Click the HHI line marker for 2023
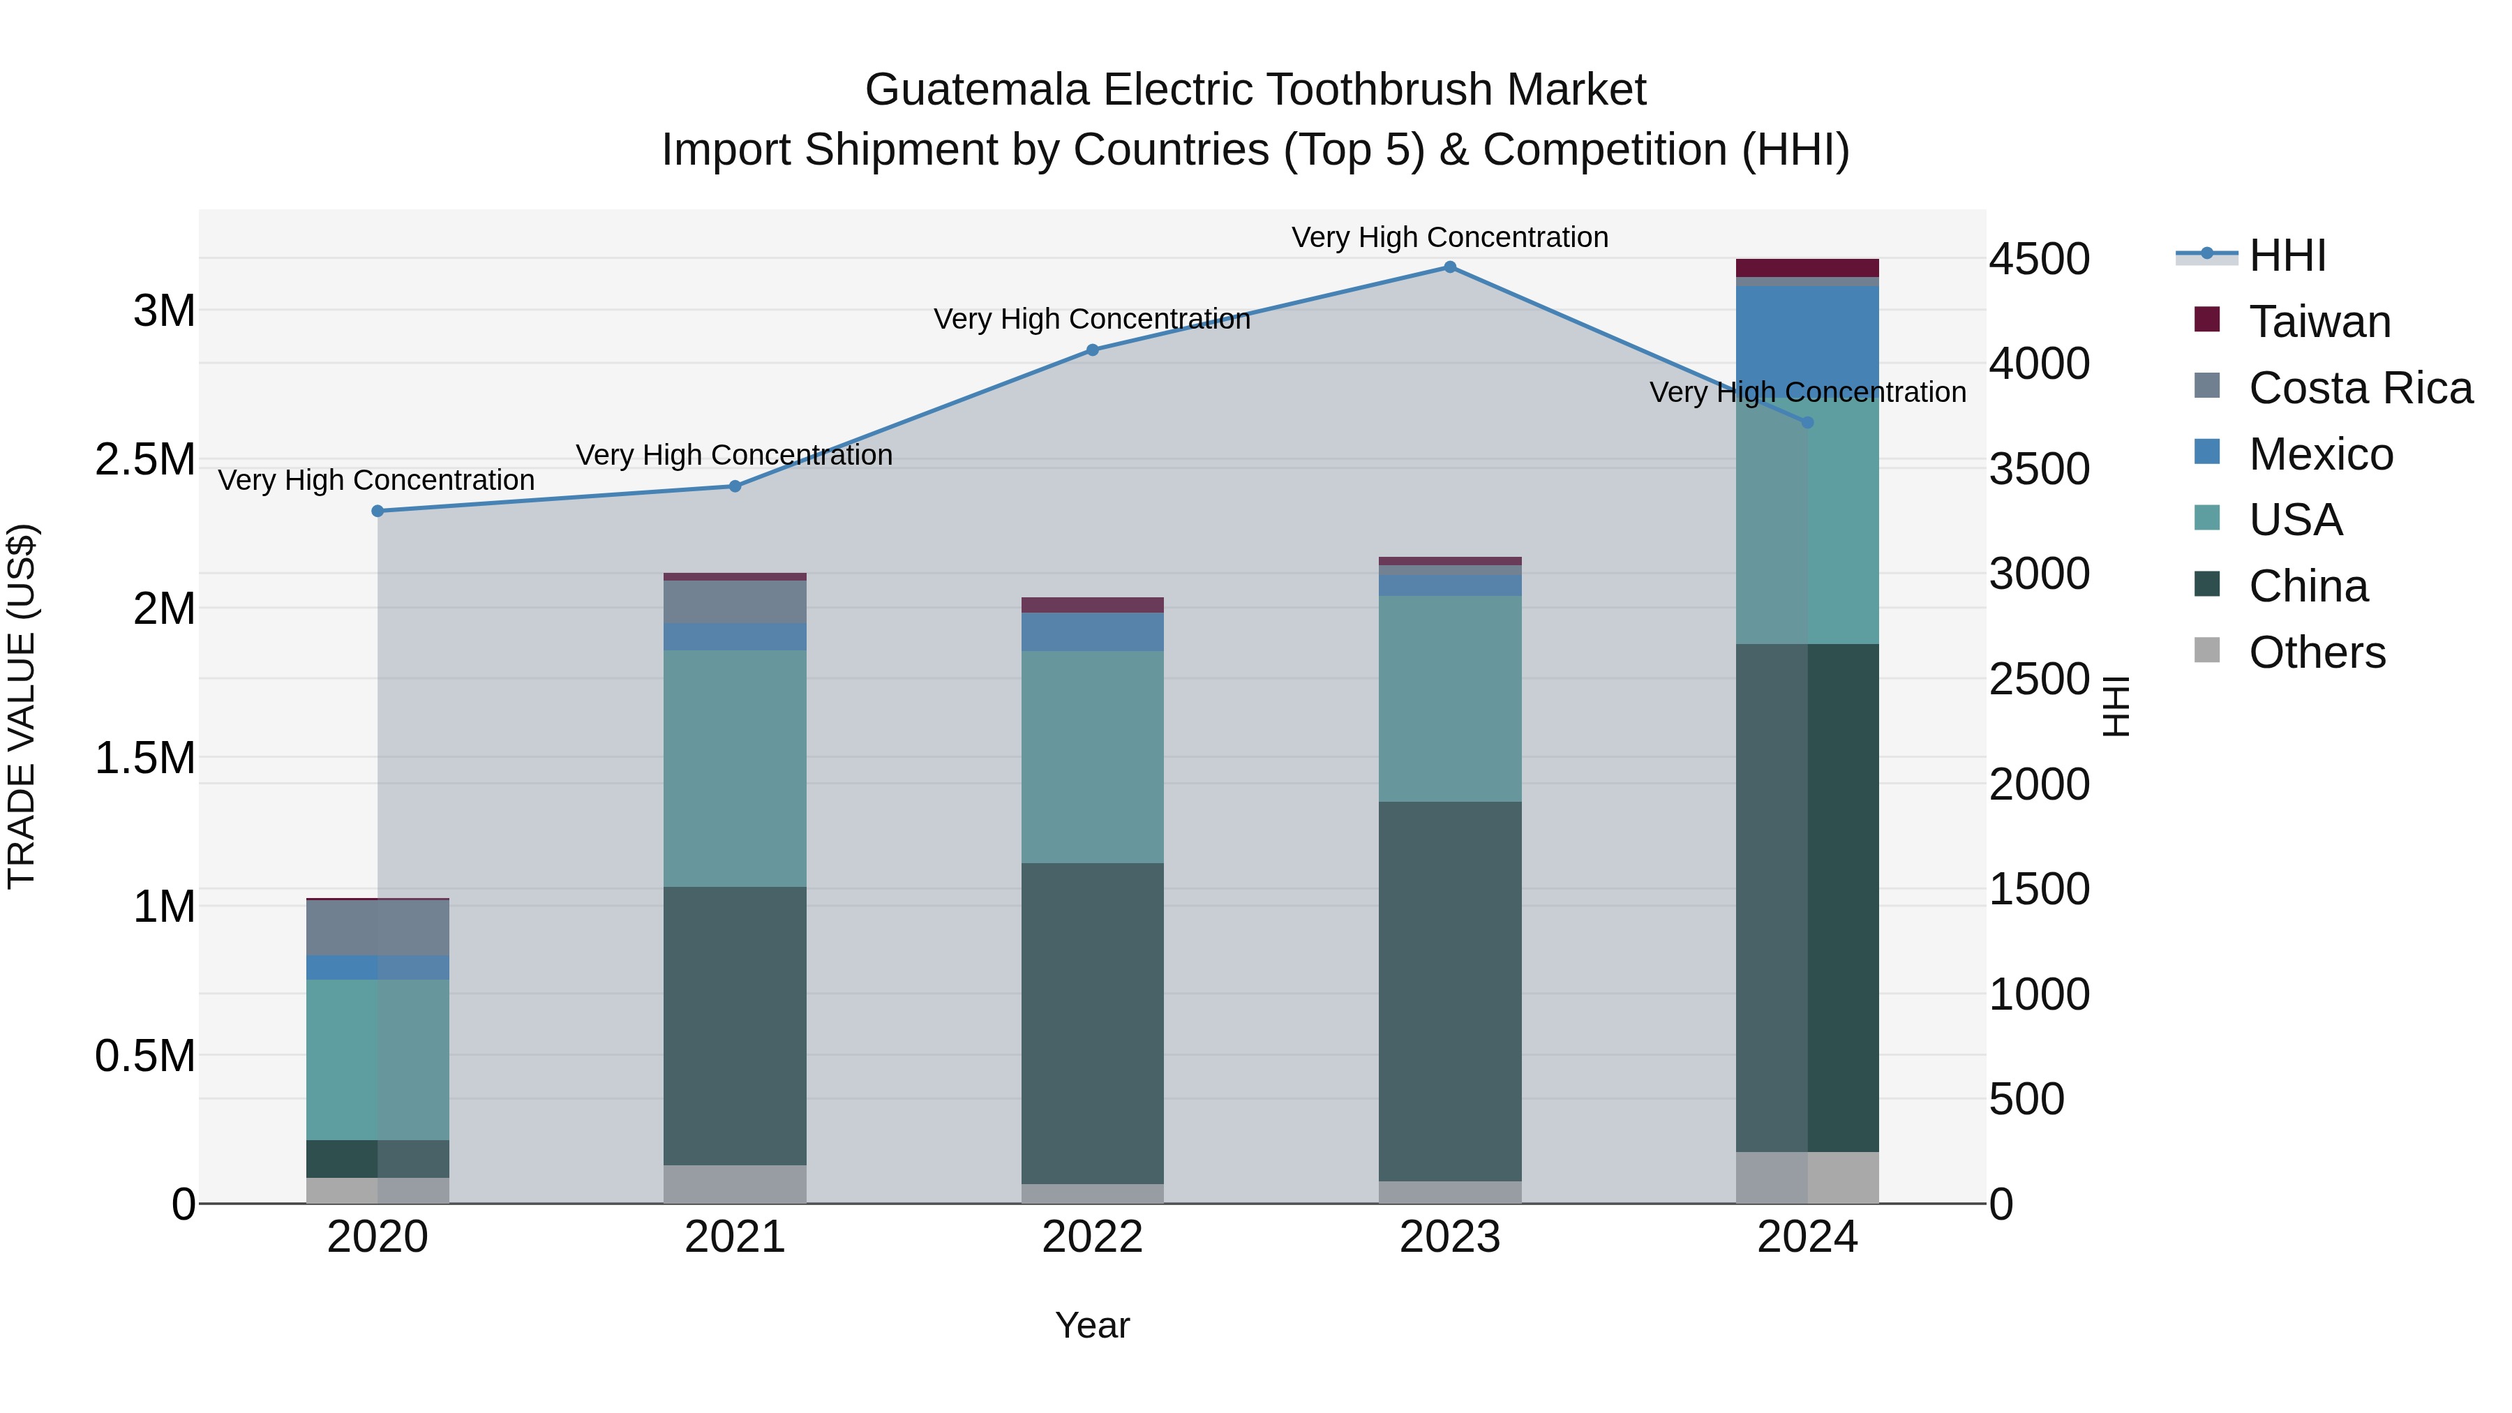(x=1449, y=267)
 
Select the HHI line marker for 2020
(x=377, y=511)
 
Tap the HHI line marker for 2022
(x=1092, y=350)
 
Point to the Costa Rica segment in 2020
(x=377, y=927)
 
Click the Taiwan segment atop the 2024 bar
(x=1807, y=268)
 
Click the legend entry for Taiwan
(x=2319, y=322)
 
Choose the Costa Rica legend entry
(x=2360, y=388)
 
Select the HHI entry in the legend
(x=2287, y=255)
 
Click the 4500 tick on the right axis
(x=2039, y=260)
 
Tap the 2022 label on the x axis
(x=1092, y=1237)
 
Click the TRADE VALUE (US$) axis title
(x=22, y=706)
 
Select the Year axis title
(x=1092, y=1325)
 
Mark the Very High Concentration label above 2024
(x=1807, y=392)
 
